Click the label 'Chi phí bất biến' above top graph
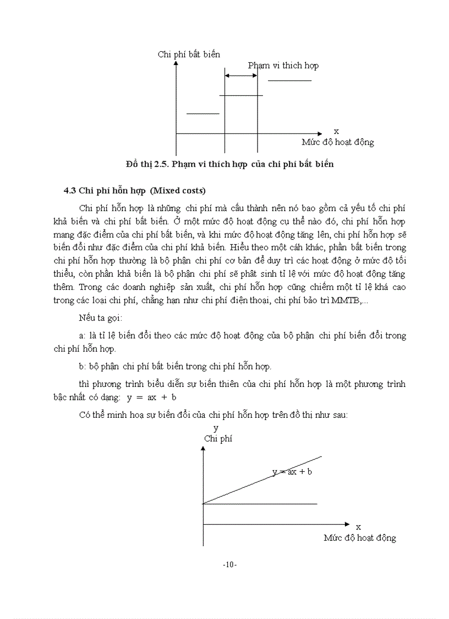(x=189, y=54)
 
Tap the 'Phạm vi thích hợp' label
(x=283, y=65)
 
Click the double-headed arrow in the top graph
(x=241, y=76)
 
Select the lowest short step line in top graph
(x=202, y=114)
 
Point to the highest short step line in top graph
(x=289, y=81)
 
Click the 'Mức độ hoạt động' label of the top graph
(x=337, y=142)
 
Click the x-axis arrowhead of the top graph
(x=320, y=133)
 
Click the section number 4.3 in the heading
(x=69, y=191)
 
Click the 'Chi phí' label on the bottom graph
(x=218, y=439)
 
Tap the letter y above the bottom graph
(x=216, y=428)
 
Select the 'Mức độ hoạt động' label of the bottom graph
(x=359, y=537)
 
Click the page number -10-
(x=229, y=564)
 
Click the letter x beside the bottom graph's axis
(x=358, y=527)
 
